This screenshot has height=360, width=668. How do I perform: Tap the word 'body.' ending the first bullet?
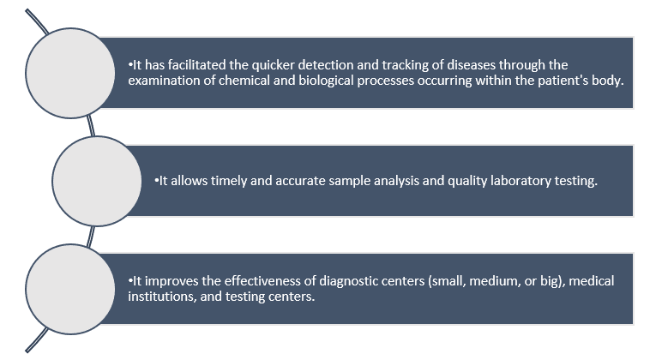[x=607, y=81]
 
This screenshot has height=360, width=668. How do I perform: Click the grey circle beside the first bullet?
[x=70, y=73]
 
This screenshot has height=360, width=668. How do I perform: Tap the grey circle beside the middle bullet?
[x=97, y=181]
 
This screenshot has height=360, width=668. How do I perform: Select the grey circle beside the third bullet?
[x=70, y=289]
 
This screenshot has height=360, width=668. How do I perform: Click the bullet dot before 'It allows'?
[x=156, y=181]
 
